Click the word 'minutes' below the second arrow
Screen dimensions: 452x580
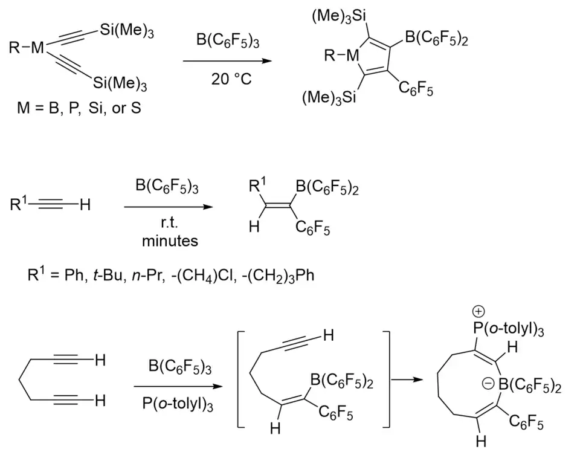(x=170, y=241)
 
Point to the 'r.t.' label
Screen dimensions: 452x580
(x=170, y=224)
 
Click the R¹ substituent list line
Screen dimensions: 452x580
(x=171, y=276)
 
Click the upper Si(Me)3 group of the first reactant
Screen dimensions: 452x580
(x=126, y=31)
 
